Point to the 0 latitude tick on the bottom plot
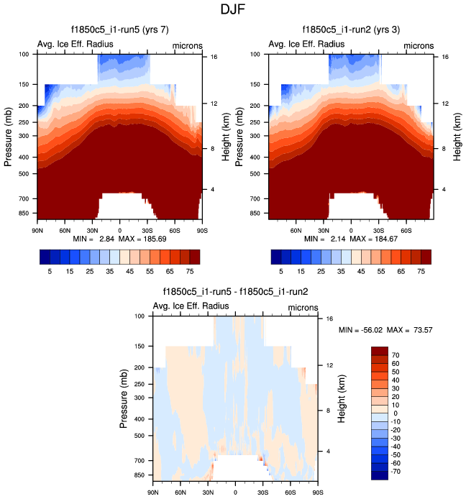coord(235,493)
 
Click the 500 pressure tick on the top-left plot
coord(24,173)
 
